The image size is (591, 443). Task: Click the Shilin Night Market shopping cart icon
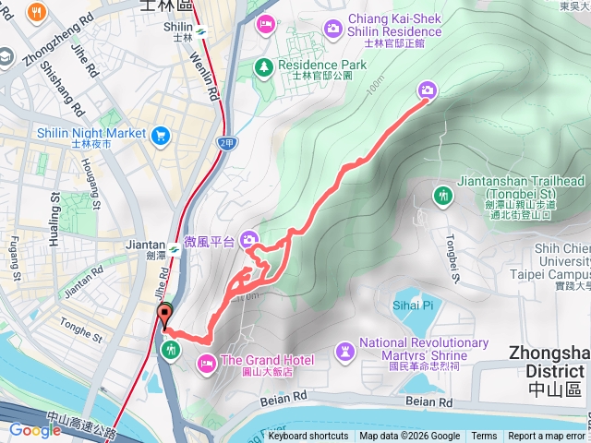click(162, 135)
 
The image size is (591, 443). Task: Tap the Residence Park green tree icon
click(264, 66)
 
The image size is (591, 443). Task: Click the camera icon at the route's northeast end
click(428, 90)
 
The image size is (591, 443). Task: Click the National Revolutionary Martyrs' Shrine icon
click(344, 351)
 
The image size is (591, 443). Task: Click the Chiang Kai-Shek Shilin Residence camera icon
click(332, 30)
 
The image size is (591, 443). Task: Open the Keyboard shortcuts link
click(308, 437)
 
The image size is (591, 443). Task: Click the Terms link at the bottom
click(484, 437)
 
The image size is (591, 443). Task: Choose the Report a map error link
click(547, 437)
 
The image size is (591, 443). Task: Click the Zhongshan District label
click(549, 360)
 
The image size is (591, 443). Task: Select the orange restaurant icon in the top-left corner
click(38, 13)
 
